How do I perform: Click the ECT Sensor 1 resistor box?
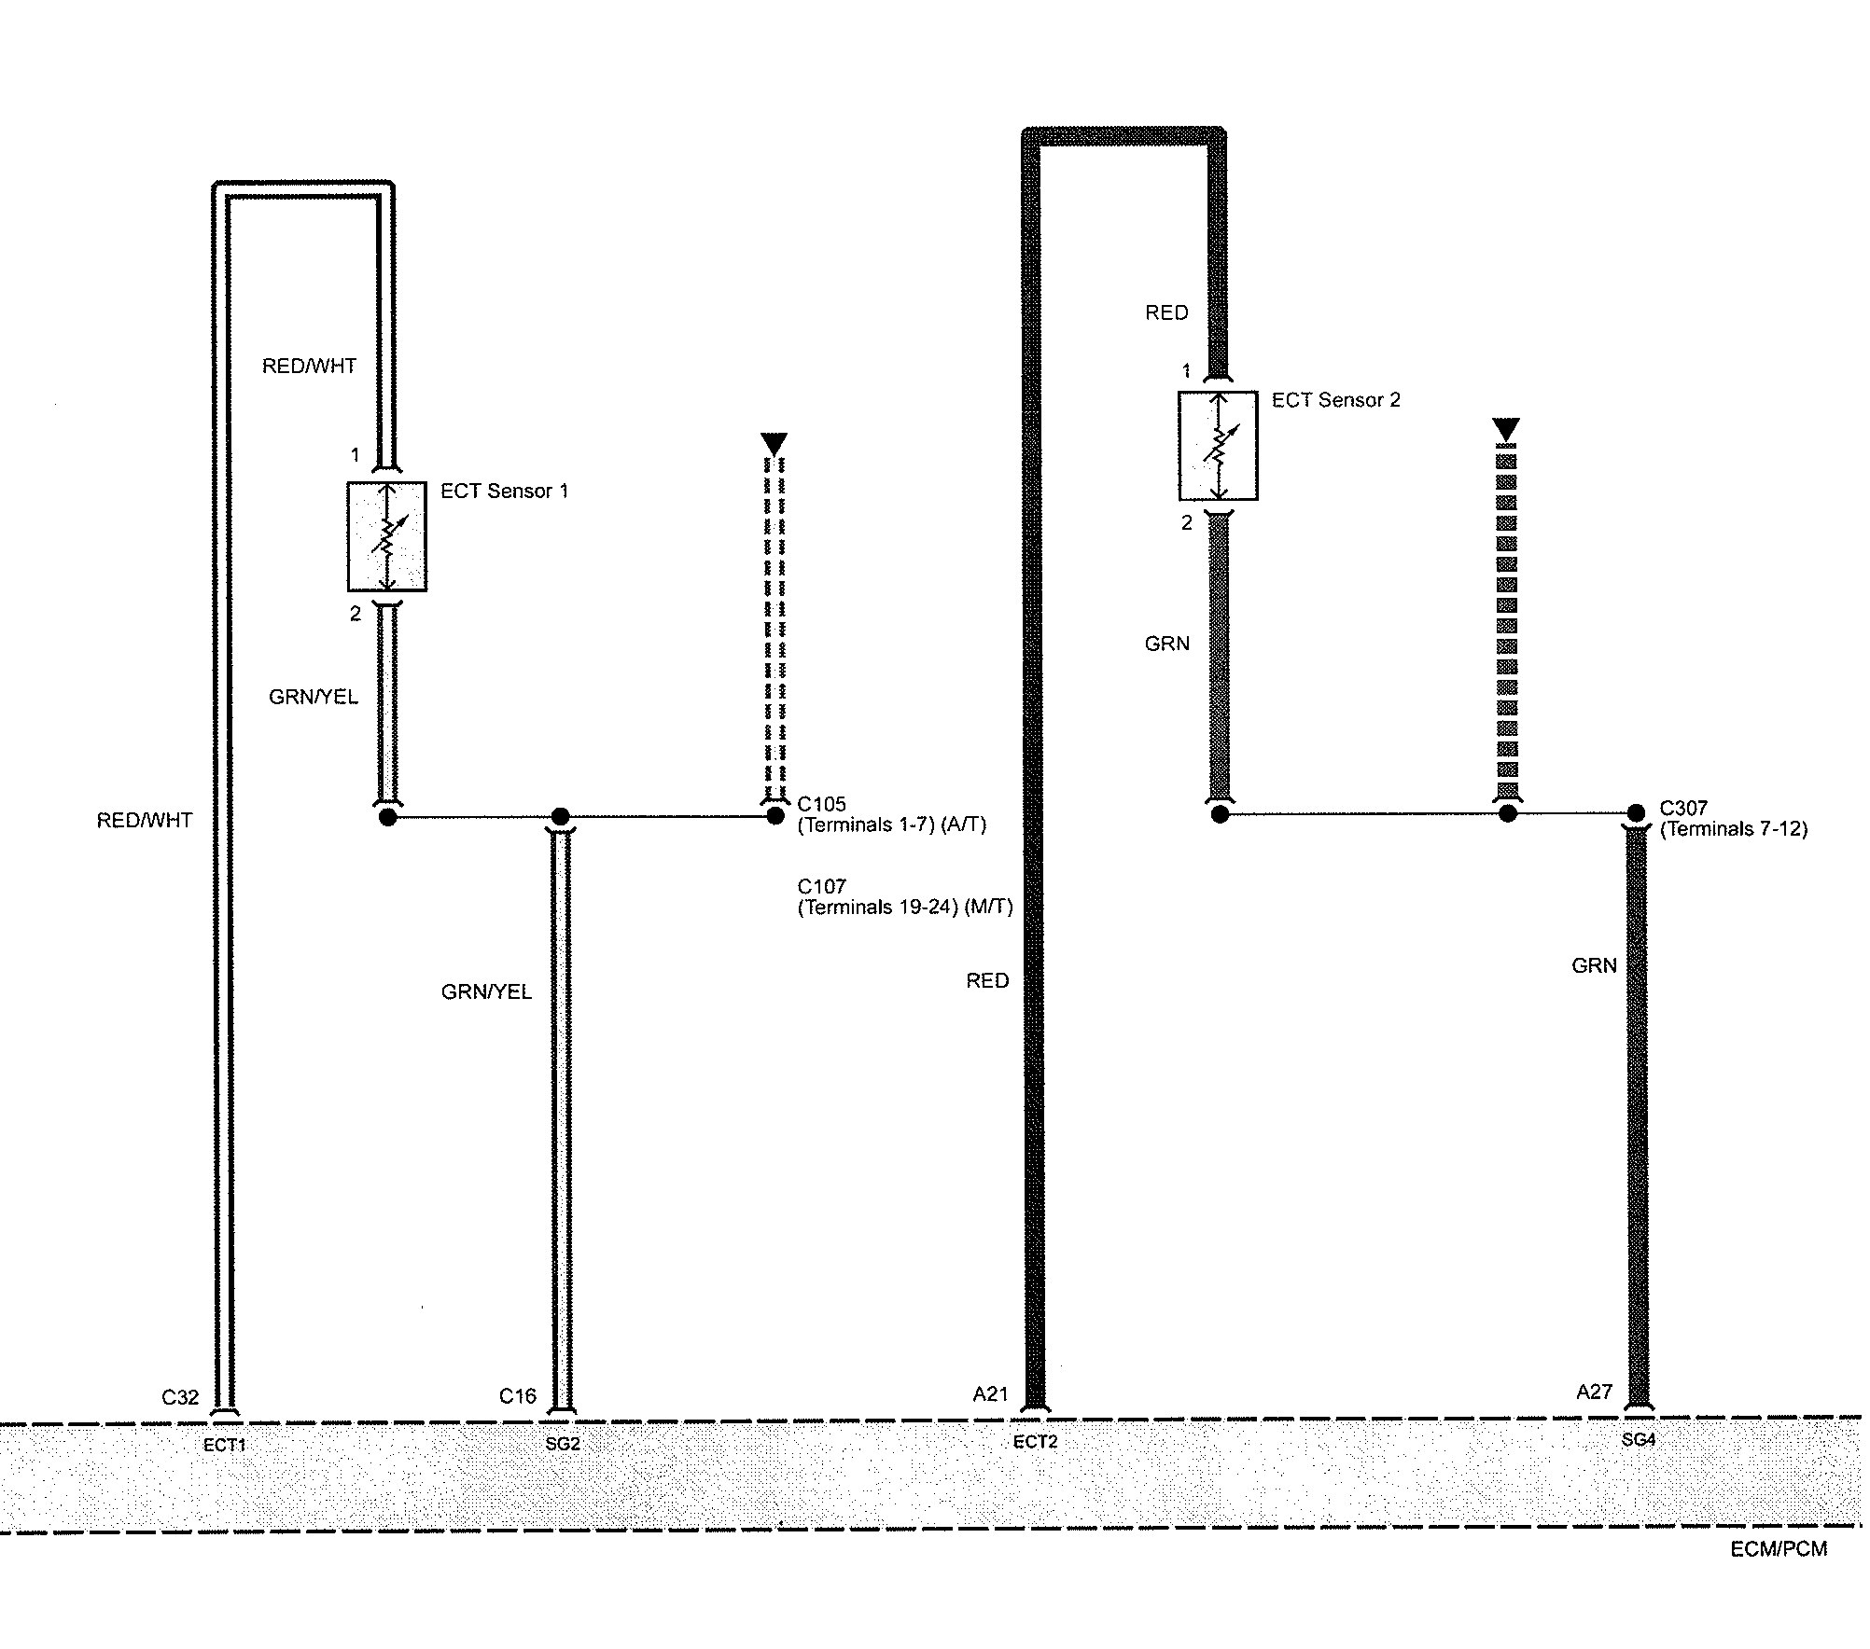387,536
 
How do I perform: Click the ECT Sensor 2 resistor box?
1218,446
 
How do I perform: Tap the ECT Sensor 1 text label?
504,492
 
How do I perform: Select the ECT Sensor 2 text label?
1335,400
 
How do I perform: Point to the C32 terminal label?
180,1397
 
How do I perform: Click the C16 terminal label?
518,1396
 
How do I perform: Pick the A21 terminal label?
991,1394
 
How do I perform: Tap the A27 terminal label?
1595,1393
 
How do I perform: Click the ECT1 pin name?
224,1446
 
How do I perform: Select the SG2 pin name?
563,1445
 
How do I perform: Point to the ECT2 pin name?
1035,1443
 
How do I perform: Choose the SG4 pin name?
1639,1440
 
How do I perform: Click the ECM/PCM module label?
1779,1549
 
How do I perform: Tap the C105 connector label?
822,804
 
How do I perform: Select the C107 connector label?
822,886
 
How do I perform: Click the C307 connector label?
1684,809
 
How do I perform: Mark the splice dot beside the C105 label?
775,816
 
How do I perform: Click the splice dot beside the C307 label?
1636,813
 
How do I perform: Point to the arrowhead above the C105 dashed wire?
775,443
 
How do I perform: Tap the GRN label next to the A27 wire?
1594,966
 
